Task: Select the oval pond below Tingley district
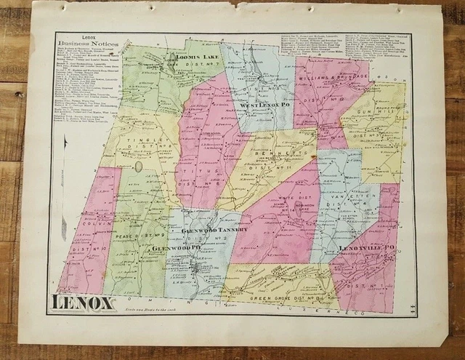pyautogui.click(x=137, y=168)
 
